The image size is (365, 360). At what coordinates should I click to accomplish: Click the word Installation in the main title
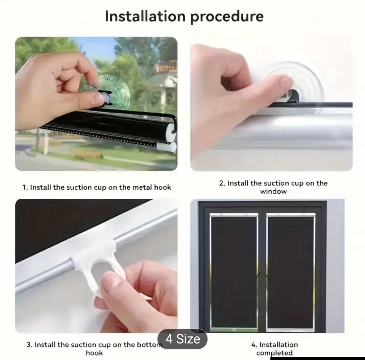point(145,16)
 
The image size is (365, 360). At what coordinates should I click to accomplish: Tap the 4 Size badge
point(182,339)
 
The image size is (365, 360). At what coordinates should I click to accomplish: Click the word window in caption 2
point(273,191)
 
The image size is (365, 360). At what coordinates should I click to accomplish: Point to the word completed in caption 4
point(274,353)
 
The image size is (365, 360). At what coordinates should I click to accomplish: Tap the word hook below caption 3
point(94,353)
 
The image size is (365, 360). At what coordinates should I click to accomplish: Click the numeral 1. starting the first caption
point(25,188)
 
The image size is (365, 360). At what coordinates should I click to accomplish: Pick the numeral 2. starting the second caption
point(222,183)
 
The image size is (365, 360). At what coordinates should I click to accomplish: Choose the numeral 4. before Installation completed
point(254,345)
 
